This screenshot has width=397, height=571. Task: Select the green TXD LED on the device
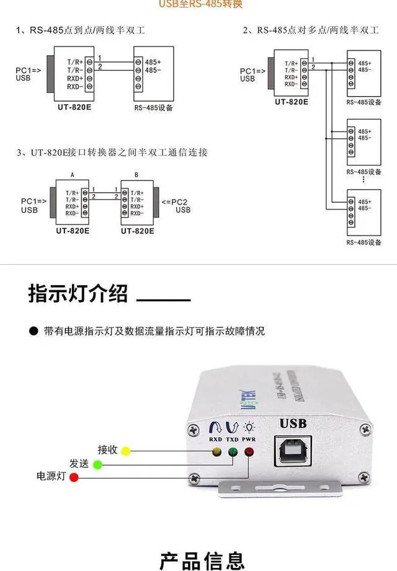233,452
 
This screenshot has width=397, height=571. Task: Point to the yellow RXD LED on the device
216,451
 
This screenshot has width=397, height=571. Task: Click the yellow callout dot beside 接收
126,451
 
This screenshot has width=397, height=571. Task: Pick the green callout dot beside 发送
97,464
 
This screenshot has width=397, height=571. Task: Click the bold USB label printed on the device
293,424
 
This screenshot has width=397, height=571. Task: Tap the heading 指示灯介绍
78,293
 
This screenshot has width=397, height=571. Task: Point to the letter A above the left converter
73,176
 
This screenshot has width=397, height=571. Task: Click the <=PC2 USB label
176,206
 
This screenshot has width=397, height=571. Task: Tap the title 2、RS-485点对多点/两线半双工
310,30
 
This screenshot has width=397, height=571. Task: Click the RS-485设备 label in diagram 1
154,107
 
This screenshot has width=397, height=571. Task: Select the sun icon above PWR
249,425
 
